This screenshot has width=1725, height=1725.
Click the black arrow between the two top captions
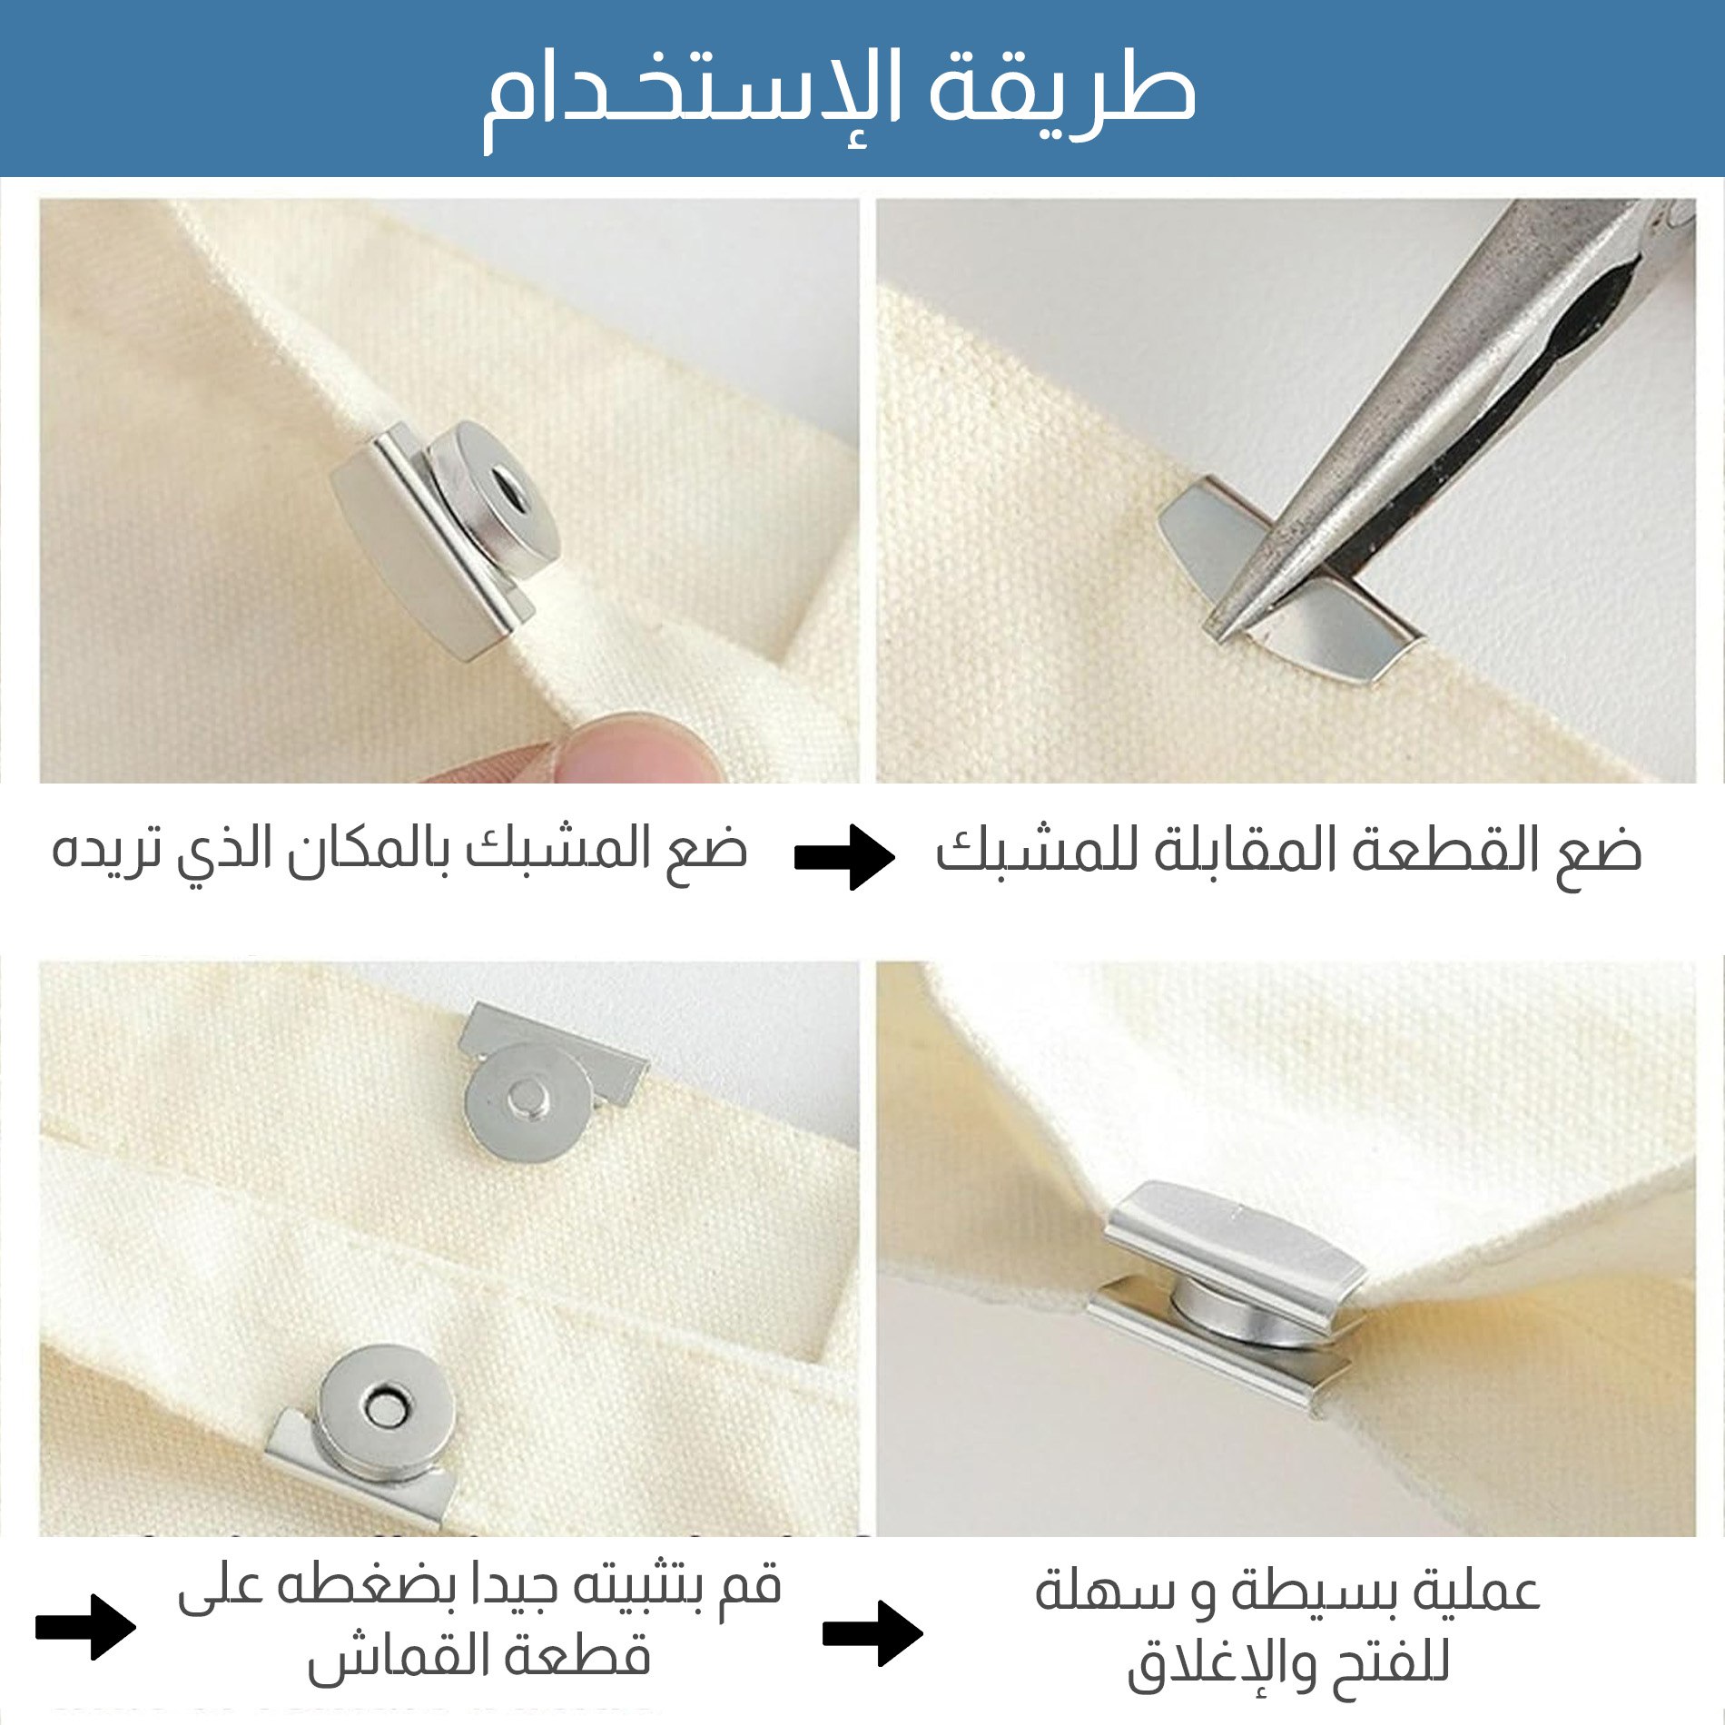point(844,856)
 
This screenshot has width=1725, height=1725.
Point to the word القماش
point(390,1657)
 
